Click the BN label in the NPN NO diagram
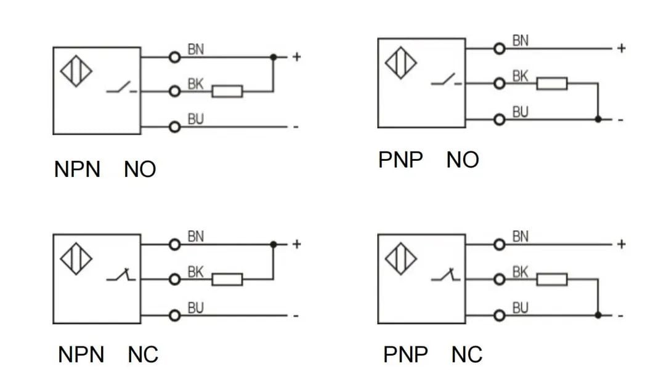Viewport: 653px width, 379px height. (x=196, y=49)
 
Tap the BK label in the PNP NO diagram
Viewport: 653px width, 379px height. (x=520, y=76)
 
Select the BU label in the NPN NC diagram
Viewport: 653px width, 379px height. (x=196, y=308)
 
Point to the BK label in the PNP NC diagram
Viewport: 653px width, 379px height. (x=520, y=272)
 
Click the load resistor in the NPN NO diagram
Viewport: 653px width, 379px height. (x=227, y=91)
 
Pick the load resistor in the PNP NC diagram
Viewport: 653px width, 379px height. (x=552, y=279)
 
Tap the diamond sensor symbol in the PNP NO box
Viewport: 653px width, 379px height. (x=400, y=63)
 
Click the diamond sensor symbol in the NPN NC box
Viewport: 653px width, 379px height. (x=76, y=259)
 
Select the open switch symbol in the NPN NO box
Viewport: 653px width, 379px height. (x=121, y=87)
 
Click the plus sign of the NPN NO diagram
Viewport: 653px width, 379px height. (x=296, y=57)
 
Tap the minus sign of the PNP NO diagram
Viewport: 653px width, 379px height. (x=620, y=120)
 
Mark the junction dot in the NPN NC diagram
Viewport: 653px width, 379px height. (x=274, y=245)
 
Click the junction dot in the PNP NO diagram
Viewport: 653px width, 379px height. (x=598, y=120)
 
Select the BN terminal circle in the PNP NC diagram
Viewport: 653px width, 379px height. (x=500, y=245)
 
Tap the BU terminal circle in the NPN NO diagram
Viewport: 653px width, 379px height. (x=175, y=126)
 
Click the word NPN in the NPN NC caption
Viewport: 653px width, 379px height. (x=81, y=355)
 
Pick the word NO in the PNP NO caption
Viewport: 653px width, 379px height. (x=463, y=160)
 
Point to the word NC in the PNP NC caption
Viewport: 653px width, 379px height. (x=467, y=355)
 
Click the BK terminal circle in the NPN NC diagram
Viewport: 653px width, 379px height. (x=175, y=279)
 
